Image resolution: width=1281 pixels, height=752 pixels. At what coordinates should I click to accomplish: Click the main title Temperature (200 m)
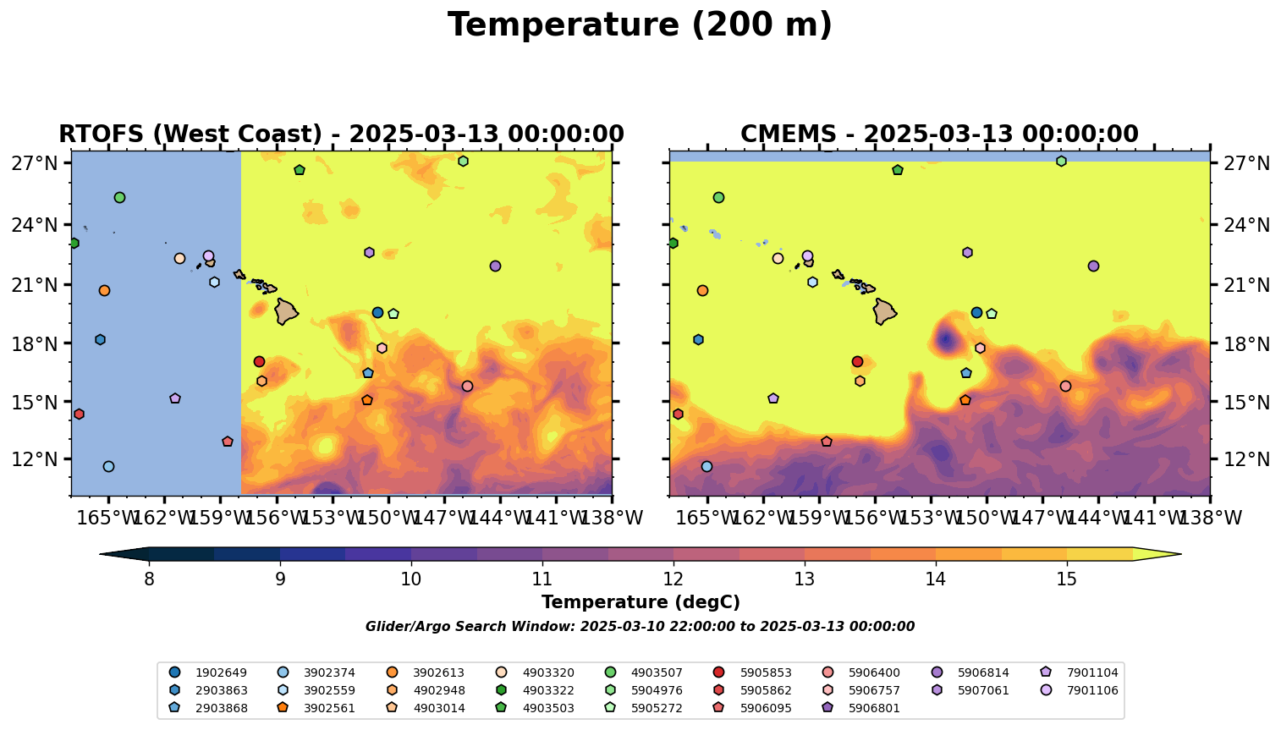[640, 25]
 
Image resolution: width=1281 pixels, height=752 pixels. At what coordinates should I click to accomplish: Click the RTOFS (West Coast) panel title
[341, 134]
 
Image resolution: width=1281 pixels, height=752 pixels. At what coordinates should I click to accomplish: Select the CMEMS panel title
[939, 134]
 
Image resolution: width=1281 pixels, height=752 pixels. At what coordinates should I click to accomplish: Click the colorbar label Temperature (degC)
[640, 602]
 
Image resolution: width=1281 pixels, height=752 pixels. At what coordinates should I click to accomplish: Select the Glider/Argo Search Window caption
[640, 627]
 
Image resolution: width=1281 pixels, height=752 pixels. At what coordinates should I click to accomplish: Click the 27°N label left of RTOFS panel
[35, 163]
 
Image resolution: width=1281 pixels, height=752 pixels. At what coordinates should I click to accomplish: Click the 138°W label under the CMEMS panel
[1210, 518]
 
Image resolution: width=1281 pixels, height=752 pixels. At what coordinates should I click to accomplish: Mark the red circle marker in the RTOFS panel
[259, 361]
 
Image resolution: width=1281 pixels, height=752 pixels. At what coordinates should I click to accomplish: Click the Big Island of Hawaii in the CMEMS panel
[884, 311]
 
